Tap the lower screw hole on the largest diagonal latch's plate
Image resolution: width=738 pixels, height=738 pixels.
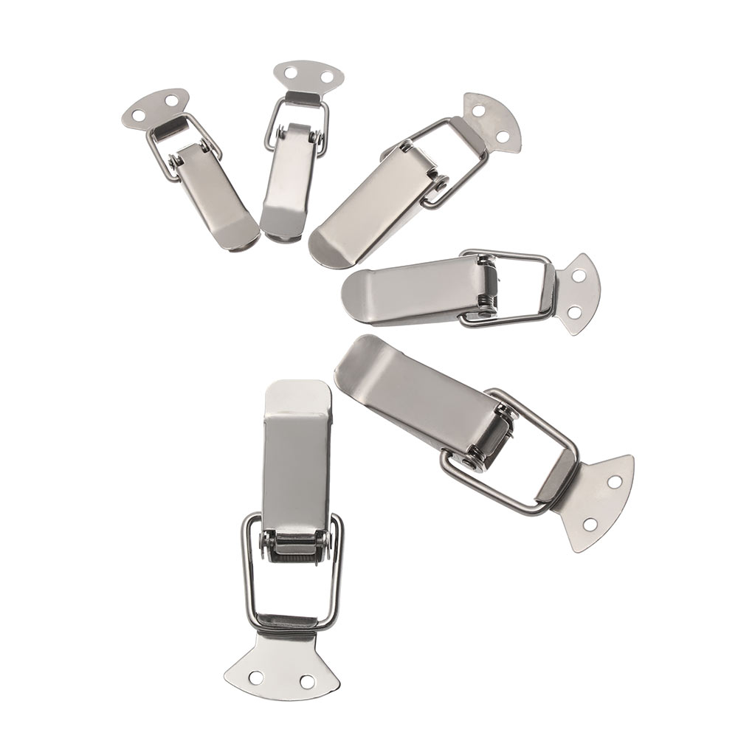click(x=589, y=525)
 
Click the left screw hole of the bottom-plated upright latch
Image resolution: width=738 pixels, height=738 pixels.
click(x=256, y=676)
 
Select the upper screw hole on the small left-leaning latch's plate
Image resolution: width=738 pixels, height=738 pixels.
click(x=172, y=98)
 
